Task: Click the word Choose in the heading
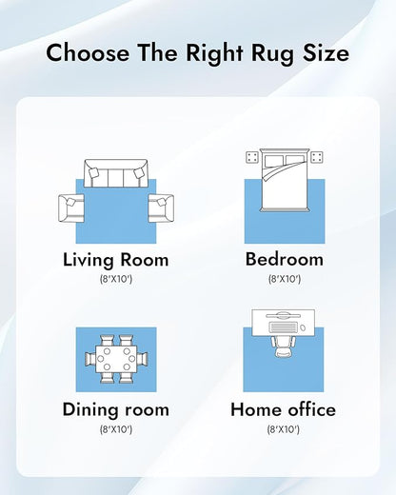pyautogui.click(x=88, y=52)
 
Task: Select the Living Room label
pyautogui.click(x=116, y=260)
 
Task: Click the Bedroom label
pyautogui.click(x=285, y=259)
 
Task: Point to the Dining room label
pyautogui.click(x=116, y=409)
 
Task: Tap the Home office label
pyautogui.click(x=283, y=409)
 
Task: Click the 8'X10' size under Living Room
pyautogui.click(x=116, y=279)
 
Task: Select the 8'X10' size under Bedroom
pyautogui.click(x=285, y=279)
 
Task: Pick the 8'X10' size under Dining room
pyautogui.click(x=116, y=429)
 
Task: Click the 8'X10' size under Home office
pyautogui.click(x=284, y=429)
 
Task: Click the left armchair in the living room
pyautogui.click(x=71, y=208)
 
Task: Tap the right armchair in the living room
pyautogui.click(x=161, y=208)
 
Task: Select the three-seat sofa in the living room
pyautogui.click(x=116, y=173)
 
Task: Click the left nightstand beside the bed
pyautogui.click(x=252, y=157)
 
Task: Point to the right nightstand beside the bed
pyautogui.click(x=317, y=157)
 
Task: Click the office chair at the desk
pyautogui.click(x=284, y=346)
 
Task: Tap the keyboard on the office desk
pyautogui.click(x=284, y=327)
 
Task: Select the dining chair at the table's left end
pyautogui.click(x=90, y=359)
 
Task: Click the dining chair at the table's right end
pyautogui.click(x=142, y=359)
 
